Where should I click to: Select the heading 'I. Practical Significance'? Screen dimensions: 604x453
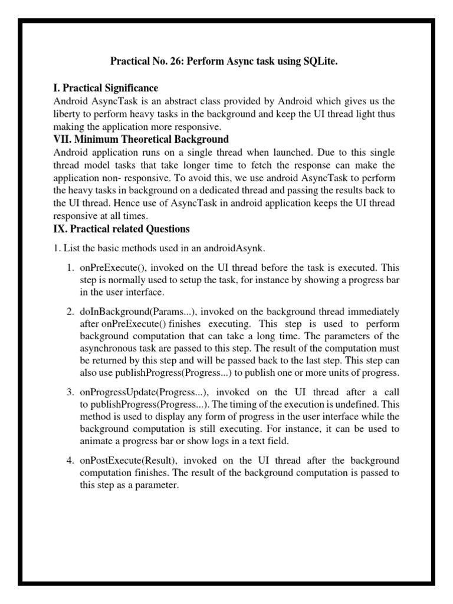tap(106, 88)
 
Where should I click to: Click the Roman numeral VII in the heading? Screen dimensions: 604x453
tap(62, 139)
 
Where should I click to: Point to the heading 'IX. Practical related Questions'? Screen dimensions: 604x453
tap(121, 228)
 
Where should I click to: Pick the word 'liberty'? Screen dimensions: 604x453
tap(68, 114)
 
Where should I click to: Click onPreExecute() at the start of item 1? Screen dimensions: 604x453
tap(110, 267)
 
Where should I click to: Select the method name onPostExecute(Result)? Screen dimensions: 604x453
tap(124, 459)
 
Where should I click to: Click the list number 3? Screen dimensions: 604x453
tap(70, 392)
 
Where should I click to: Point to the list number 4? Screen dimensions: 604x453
tap(70, 459)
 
